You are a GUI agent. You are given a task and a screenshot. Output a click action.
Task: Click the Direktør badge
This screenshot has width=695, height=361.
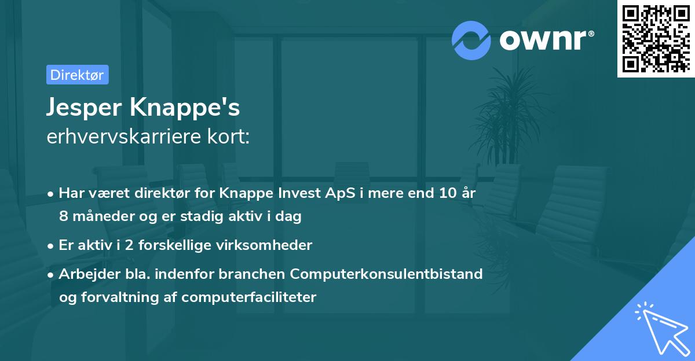click(77, 75)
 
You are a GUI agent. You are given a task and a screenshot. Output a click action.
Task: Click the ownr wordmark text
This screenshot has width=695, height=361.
click(546, 40)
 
